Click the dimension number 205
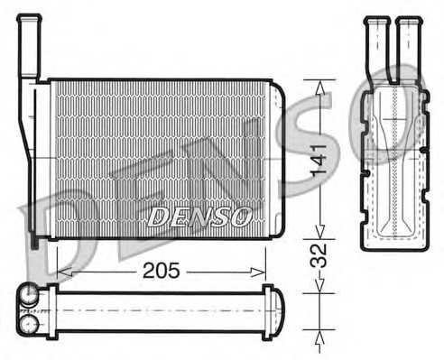click(x=162, y=271)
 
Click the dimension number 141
click(x=319, y=162)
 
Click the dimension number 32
click(x=319, y=255)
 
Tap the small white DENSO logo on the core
click(x=199, y=217)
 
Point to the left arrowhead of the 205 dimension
click(x=64, y=272)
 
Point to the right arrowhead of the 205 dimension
click(x=258, y=272)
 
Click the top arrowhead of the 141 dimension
click(x=319, y=88)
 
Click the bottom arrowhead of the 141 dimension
click(x=319, y=231)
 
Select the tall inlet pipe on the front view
click(x=29, y=48)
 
